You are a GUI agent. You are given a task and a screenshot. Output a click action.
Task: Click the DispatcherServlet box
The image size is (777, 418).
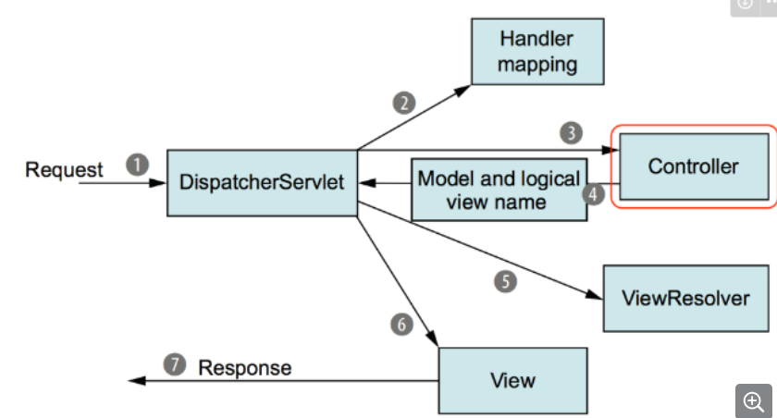pos(262,183)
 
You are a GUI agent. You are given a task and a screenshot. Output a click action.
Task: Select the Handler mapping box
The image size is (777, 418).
pos(537,52)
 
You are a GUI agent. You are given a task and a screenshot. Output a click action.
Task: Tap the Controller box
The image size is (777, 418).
pos(695,166)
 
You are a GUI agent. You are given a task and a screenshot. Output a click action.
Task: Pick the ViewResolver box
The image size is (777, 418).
pos(685,298)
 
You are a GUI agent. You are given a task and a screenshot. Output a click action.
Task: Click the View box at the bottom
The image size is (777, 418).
pos(512,380)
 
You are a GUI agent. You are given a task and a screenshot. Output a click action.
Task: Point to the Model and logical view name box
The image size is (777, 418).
pos(499,190)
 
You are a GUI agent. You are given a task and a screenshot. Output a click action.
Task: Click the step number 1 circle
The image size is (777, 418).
pos(137,165)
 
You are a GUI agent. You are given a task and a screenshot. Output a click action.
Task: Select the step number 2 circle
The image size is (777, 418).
pos(404,103)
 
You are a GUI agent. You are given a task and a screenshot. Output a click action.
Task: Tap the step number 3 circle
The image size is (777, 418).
pos(572,133)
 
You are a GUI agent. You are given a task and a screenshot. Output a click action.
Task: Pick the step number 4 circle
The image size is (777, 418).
pos(593,194)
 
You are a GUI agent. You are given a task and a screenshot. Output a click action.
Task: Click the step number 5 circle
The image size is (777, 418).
pos(505,281)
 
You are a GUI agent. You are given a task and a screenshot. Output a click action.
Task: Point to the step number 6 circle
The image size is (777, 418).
pos(401,325)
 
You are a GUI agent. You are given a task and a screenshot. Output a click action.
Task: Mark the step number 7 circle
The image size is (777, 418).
pos(175,364)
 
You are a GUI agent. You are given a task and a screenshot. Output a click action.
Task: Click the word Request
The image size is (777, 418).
pos(64,170)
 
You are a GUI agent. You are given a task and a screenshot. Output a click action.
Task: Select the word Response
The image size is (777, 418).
pos(245,368)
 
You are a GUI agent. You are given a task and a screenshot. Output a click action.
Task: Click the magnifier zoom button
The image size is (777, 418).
pos(754,400)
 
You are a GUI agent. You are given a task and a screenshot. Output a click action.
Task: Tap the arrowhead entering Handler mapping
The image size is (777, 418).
pos(462,90)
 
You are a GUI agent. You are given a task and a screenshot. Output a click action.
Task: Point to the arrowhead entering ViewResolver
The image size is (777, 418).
pos(594,294)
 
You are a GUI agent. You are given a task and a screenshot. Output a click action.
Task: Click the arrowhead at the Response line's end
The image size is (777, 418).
pos(137,380)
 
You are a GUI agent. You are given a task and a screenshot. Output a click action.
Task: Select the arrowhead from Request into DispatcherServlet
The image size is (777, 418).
pos(157,183)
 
